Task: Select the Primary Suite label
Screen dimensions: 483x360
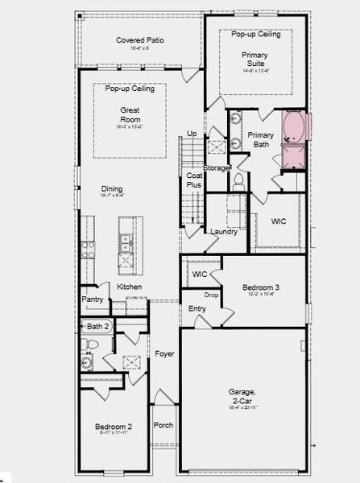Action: pyautogui.click(x=256, y=60)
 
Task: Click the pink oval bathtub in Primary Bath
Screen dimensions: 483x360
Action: pyautogui.click(x=294, y=128)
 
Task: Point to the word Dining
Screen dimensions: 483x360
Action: pyautogui.click(x=112, y=189)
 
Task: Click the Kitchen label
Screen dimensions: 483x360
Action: pyautogui.click(x=130, y=287)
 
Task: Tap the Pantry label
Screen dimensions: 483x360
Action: pyautogui.click(x=93, y=299)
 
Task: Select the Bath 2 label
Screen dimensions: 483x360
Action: pyautogui.click(x=97, y=326)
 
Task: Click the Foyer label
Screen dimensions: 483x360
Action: pyautogui.click(x=164, y=353)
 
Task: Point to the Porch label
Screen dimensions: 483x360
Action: pyautogui.click(x=163, y=425)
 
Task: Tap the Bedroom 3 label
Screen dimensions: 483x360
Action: pyautogui.click(x=261, y=287)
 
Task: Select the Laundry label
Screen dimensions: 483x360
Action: pyautogui.click(x=223, y=232)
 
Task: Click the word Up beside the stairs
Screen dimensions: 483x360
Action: pyautogui.click(x=192, y=134)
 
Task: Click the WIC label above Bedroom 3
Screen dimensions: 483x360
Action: pyautogui.click(x=200, y=275)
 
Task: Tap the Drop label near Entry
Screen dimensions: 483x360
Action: pyautogui.click(x=212, y=295)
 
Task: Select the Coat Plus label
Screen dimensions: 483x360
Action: pyautogui.click(x=194, y=180)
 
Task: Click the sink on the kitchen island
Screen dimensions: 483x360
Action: pyautogui.click(x=125, y=240)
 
